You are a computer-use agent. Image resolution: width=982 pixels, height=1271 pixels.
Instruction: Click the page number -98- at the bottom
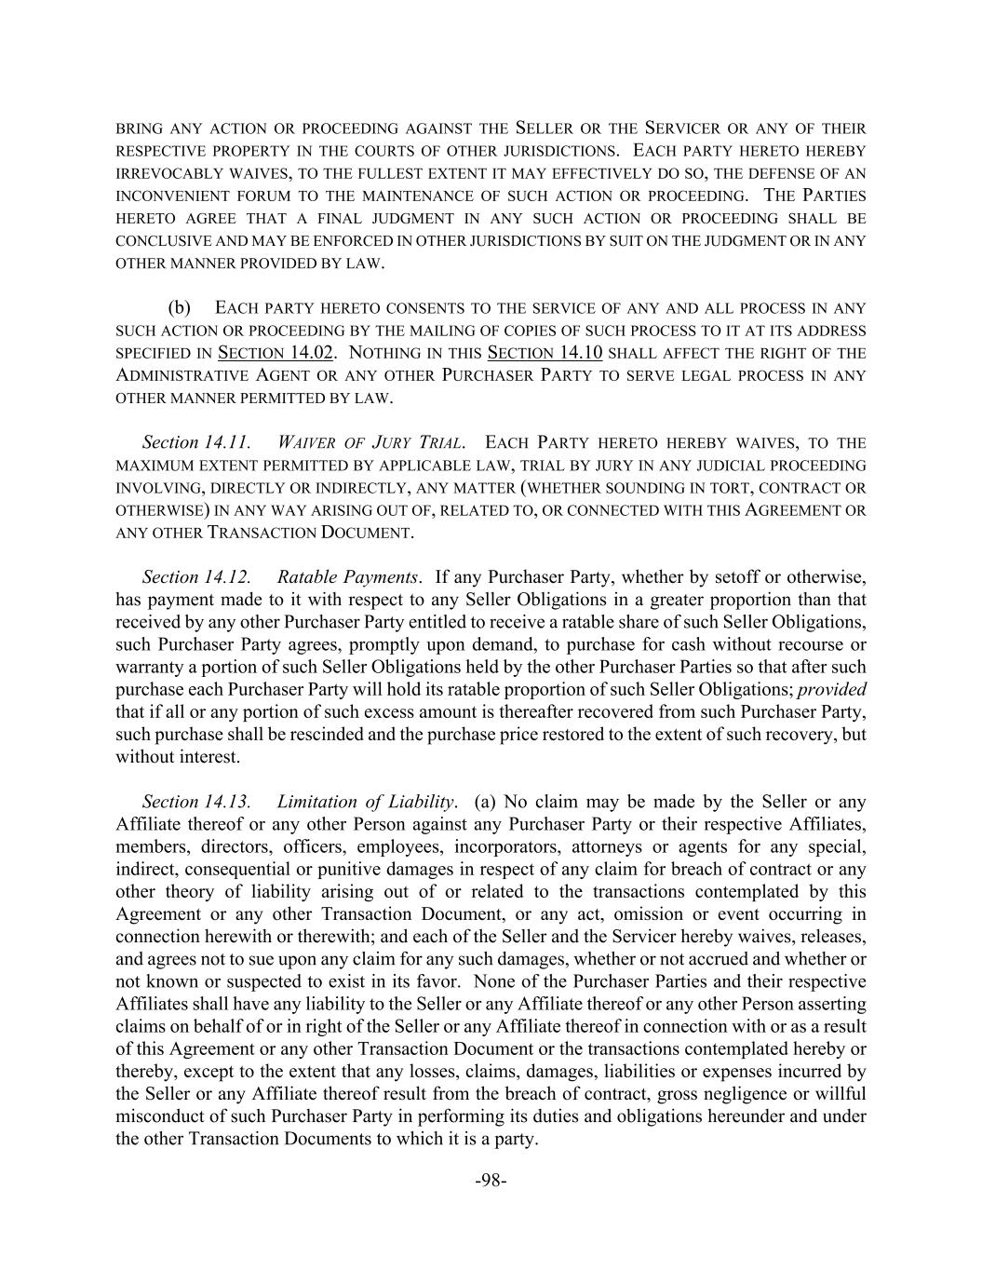coord(491,1181)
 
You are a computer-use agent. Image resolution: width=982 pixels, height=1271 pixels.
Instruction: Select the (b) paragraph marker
coord(180,308)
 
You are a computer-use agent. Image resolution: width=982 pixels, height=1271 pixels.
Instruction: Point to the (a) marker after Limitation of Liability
coord(486,802)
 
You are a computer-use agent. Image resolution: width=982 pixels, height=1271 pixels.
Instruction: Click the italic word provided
coord(832,690)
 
